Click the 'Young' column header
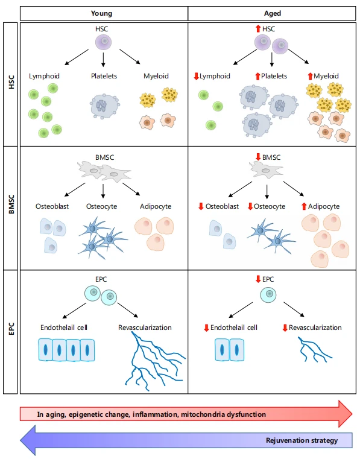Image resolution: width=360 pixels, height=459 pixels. click(x=101, y=13)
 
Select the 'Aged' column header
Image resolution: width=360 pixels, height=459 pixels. click(x=273, y=13)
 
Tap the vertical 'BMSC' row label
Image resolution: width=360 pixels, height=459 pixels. click(x=11, y=204)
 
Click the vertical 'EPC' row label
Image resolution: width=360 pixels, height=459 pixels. click(x=11, y=329)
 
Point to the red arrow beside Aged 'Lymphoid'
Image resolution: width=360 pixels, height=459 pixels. click(x=197, y=76)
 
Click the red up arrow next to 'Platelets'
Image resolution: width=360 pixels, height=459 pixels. click(x=257, y=76)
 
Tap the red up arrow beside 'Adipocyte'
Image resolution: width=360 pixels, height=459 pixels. click(x=304, y=206)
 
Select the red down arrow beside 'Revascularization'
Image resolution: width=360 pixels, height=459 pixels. click(x=285, y=328)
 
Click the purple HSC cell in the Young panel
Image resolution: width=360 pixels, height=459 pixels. click(x=103, y=42)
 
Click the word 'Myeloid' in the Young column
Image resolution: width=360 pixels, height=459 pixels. click(x=156, y=76)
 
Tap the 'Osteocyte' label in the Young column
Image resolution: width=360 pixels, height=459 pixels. click(x=101, y=206)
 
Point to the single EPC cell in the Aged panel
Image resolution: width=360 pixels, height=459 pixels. click(x=268, y=294)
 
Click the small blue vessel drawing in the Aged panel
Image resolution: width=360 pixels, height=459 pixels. click(x=314, y=349)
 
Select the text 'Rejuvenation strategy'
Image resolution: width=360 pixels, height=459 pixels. click(x=302, y=440)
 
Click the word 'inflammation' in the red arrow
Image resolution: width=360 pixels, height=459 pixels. click(x=155, y=414)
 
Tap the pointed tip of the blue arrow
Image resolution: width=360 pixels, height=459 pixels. click(x=21, y=440)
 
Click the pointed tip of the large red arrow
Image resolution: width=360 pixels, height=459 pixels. click(x=352, y=414)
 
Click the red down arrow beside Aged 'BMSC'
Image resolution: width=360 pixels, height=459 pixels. click(x=258, y=157)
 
